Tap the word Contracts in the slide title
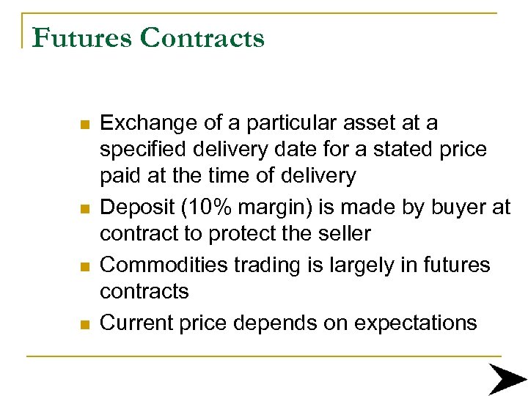coord(202,37)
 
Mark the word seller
coord(339,234)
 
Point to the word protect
coord(229,234)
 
